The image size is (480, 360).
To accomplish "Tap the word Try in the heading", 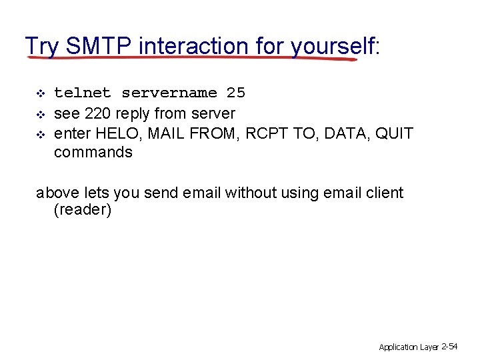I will pyautogui.click(x=42, y=46).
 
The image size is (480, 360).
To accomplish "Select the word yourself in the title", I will pyautogui.click(x=332, y=46).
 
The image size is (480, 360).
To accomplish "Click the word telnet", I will pyautogui.click(x=83, y=93).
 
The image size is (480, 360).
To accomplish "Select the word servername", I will pyautogui.click(x=169, y=93).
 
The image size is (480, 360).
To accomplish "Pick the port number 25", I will pyautogui.click(x=236, y=93).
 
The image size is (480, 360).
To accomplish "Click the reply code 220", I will pyautogui.click(x=98, y=113).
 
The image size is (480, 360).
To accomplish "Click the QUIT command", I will pyautogui.click(x=394, y=133).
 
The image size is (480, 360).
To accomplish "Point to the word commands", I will pyautogui.click(x=93, y=152).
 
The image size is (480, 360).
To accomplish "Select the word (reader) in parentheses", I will pyautogui.click(x=83, y=211).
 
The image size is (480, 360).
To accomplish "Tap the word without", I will pyautogui.click(x=250, y=193).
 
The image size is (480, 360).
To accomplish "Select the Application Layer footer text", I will pyautogui.click(x=408, y=347).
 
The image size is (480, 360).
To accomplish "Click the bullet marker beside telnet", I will pyautogui.click(x=40, y=93).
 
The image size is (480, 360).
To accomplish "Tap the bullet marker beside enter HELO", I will pyautogui.click(x=40, y=134).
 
